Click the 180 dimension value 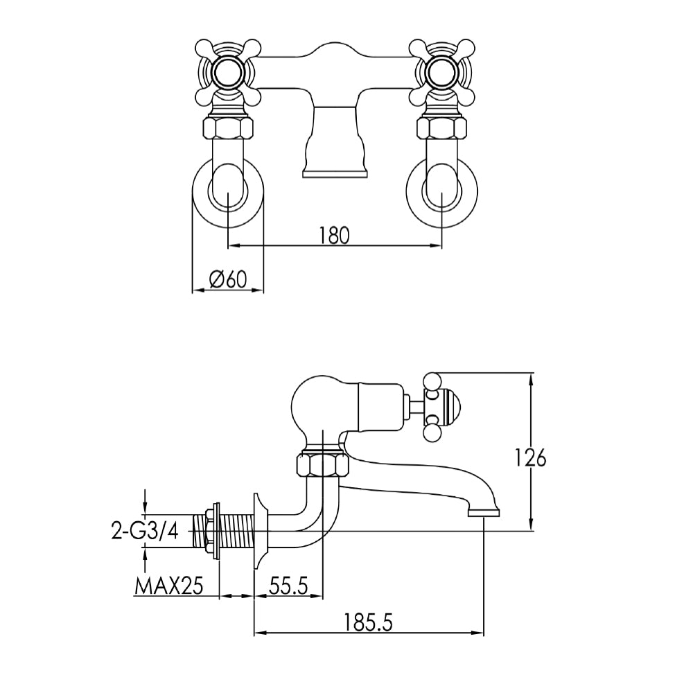[334, 235]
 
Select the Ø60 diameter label [228, 279]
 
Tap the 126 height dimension [532, 457]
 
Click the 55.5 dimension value [288, 586]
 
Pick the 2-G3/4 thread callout [144, 531]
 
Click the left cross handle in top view [228, 70]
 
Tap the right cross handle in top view [441, 70]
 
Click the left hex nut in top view [228, 128]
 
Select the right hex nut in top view [441, 128]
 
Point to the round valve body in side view [315, 405]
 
